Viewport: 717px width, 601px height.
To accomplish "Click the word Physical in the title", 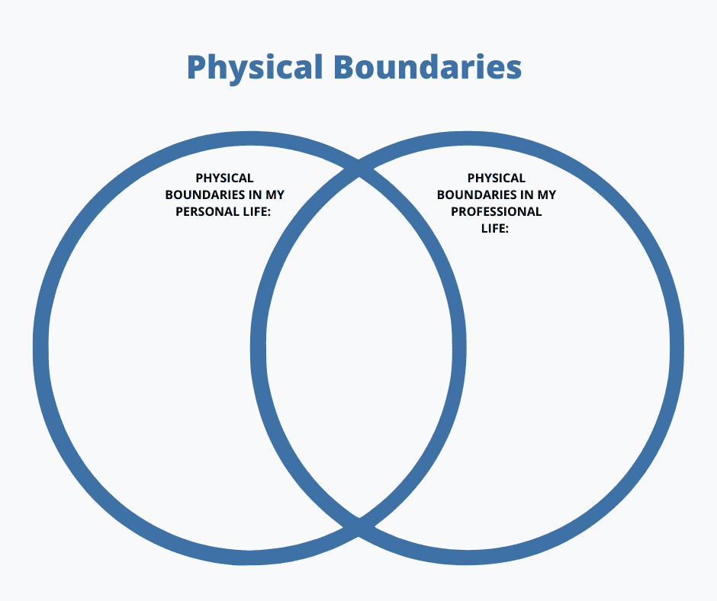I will [255, 68].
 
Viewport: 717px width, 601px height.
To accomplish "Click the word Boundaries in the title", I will [427, 67].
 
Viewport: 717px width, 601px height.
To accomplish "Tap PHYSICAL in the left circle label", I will [224, 178].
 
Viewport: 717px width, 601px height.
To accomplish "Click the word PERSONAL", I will [207, 211].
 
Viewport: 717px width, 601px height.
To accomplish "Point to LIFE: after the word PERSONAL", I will [257, 211].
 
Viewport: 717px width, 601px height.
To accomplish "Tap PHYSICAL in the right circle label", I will [496, 178].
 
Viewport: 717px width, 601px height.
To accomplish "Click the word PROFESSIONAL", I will [496, 211].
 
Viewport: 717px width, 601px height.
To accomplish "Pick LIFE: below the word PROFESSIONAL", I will [496, 228].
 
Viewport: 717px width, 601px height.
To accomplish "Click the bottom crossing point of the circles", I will [358, 527].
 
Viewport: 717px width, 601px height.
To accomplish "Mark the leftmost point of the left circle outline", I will [40, 348].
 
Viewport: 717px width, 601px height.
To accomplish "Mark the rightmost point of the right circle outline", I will [677, 348].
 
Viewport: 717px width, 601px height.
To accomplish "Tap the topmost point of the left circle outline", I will [249, 139].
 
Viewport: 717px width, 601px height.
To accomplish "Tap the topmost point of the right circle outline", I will [468, 139].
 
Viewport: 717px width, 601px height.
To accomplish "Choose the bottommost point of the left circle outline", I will [249, 558].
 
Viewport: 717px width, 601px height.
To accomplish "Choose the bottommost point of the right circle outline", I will [468, 558].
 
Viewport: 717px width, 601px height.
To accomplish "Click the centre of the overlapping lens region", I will [358, 348].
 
